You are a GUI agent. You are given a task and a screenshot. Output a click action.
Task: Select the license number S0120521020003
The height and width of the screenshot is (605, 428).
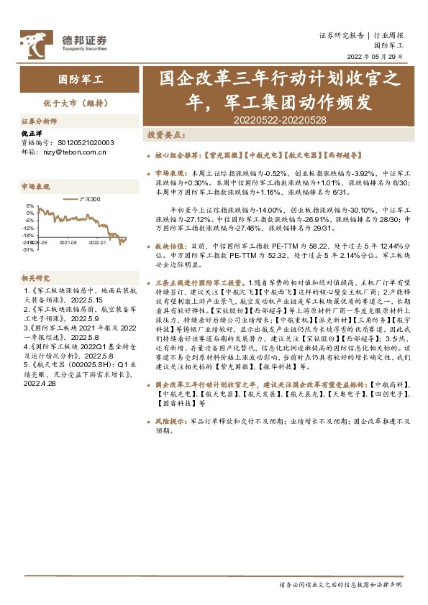tap(85, 142)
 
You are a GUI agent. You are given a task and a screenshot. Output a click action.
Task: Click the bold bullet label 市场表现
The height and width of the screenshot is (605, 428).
tap(170, 173)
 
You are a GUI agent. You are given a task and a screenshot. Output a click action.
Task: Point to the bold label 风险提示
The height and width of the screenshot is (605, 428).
tap(170, 422)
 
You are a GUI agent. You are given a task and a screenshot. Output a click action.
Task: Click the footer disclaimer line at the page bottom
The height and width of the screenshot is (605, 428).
tap(340, 584)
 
